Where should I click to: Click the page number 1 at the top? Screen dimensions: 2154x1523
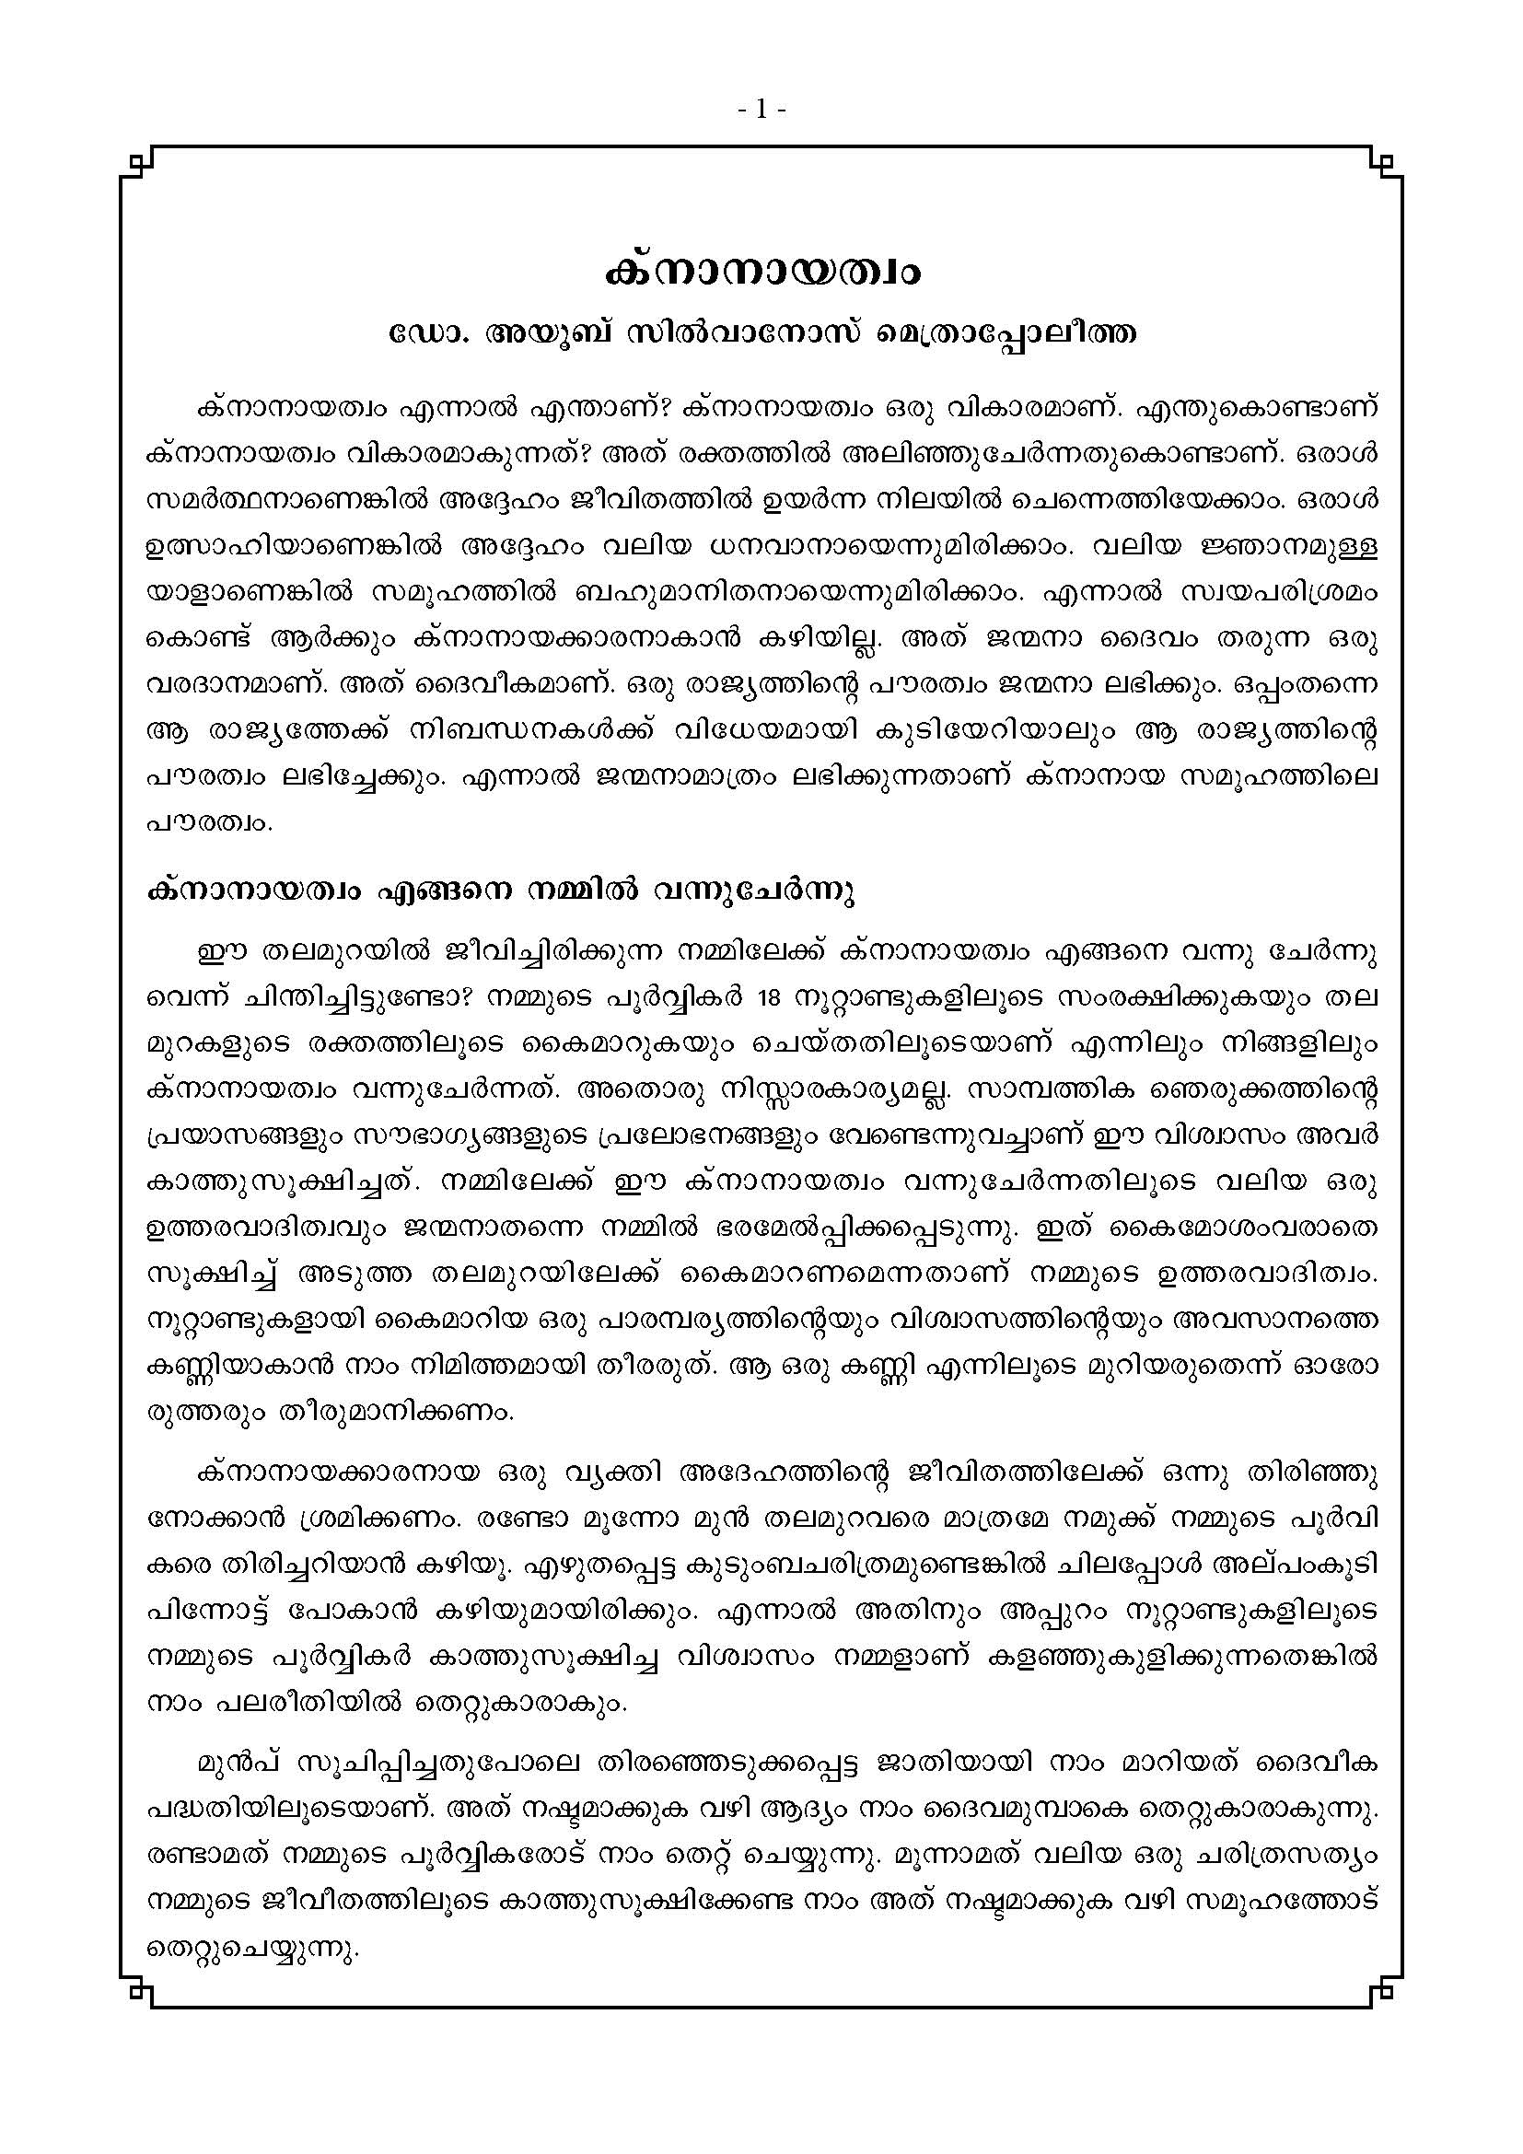761,111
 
